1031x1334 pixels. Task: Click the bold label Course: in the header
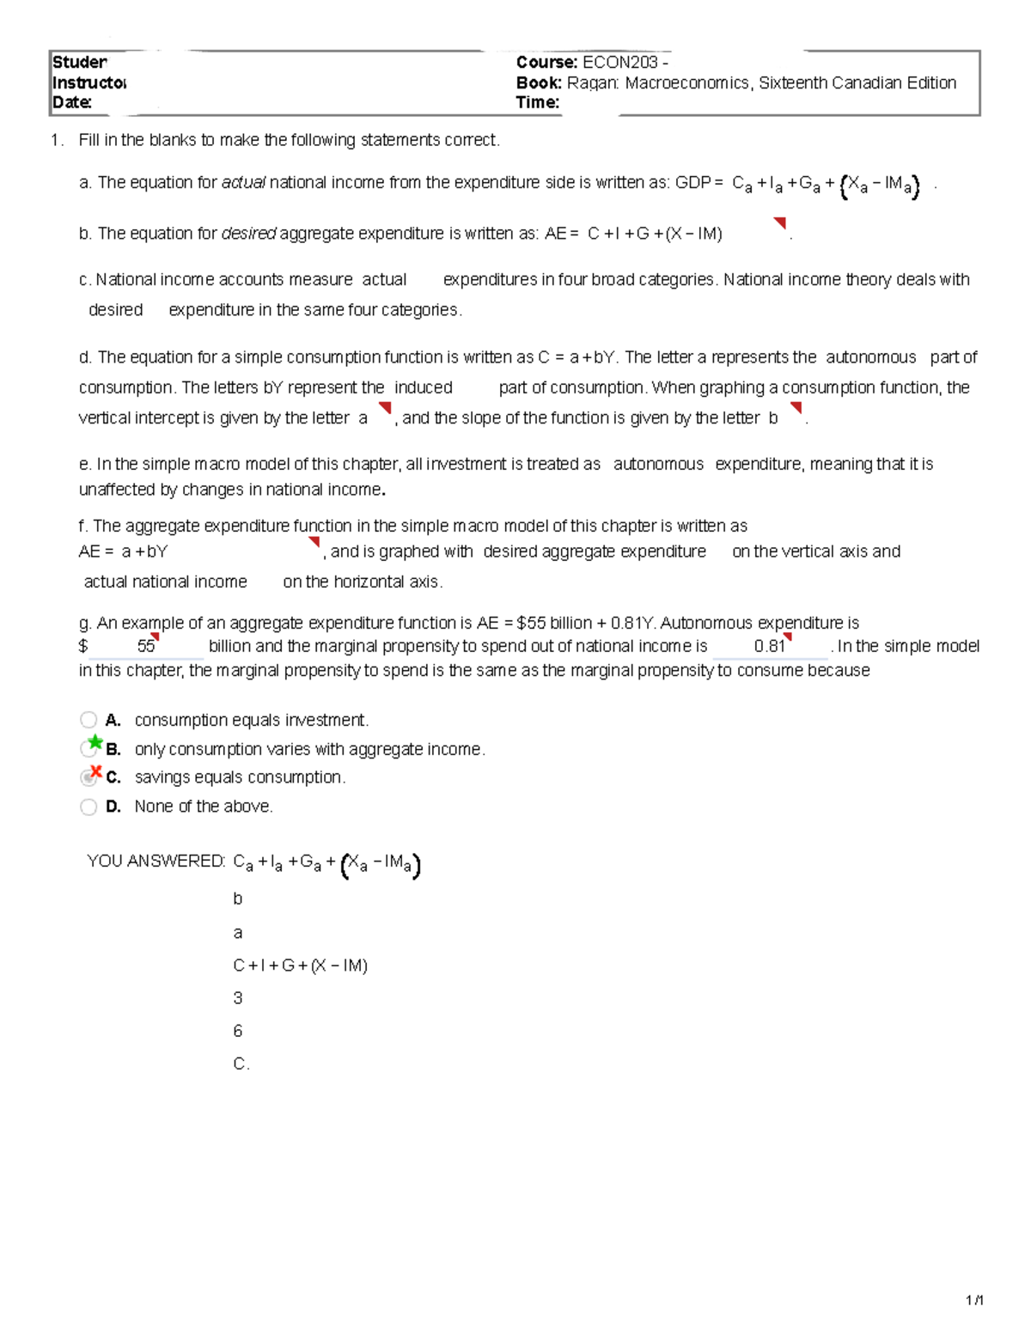pos(546,62)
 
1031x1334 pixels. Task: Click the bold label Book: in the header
pos(539,82)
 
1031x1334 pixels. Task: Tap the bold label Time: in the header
pos(538,102)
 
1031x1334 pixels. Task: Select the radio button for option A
pos(88,720)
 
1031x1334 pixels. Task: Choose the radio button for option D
pos(88,807)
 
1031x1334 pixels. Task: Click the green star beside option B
pos(95,742)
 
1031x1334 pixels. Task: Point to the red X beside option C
pos(96,771)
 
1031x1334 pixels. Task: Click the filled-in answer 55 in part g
pos(146,646)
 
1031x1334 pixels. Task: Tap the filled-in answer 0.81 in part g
pos(769,646)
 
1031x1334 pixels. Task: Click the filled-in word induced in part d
pos(424,387)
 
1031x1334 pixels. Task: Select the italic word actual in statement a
pos(243,182)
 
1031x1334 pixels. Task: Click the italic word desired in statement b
pos(248,233)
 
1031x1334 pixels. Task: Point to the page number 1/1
pos(974,1300)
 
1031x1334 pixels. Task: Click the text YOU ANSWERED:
pos(156,861)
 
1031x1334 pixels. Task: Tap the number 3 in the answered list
pos(238,998)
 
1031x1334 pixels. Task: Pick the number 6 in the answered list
pos(238,1031)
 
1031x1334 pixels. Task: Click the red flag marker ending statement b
pos(780,223)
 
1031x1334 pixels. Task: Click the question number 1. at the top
pos(57,140)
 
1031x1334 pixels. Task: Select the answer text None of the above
pos(204,807)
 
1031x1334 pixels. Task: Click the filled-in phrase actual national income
pos(165,582)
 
